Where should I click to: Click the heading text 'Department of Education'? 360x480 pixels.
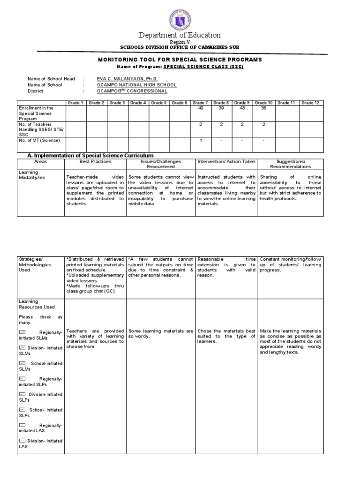pos(180,35)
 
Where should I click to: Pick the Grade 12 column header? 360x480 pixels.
pos(310,102)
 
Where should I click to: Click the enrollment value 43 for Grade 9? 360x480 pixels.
pos(242,108)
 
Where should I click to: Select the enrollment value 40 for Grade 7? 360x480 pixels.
pos(201,108)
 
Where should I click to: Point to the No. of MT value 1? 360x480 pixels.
pos(201,141)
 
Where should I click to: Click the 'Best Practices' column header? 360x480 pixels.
pos(95,161)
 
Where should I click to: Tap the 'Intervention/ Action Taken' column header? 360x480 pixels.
pos(226,161)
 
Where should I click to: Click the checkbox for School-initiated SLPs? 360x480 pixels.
pos(22,409)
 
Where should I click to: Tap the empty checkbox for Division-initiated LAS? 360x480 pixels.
pos(22,441)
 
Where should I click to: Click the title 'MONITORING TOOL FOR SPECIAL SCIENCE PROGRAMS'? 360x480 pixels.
pos(180,60)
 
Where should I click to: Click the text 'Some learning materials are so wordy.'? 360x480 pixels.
pos(160,334)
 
